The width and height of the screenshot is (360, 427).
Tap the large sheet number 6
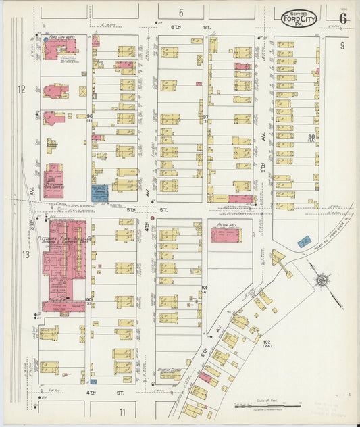pos(343,18)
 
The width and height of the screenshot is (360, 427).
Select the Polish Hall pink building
pos(225,235)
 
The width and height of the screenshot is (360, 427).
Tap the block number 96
pos(89,116)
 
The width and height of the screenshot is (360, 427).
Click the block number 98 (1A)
pos(311,137)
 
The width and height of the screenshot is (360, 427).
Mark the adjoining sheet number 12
pos(21,89)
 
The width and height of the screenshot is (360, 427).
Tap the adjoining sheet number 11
pos(122,411)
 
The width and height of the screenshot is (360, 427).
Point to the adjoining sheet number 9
pos(342,45)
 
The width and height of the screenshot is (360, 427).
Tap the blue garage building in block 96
pos(99,192)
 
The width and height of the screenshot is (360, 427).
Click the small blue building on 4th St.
pos(93,382)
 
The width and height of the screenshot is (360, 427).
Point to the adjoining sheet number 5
pos(181,13)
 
